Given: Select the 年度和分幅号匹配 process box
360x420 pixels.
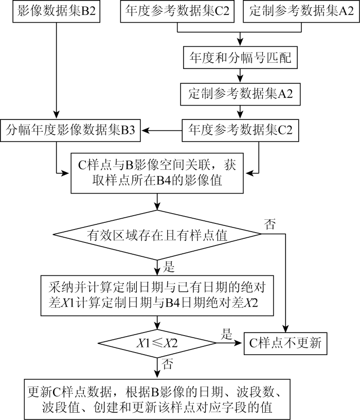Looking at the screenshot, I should tap(240, 58).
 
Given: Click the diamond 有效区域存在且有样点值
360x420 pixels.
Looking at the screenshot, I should tap(157, 236).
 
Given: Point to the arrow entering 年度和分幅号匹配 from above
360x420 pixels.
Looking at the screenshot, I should tap(240, 40).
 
